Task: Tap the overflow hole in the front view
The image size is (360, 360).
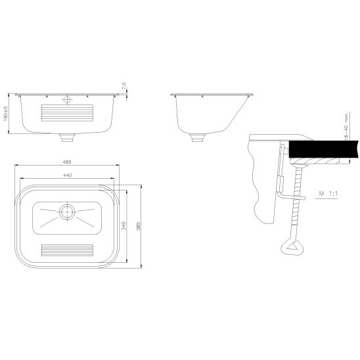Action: (x=68, y=100)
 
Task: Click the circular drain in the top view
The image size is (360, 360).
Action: (x=68, y=212)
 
